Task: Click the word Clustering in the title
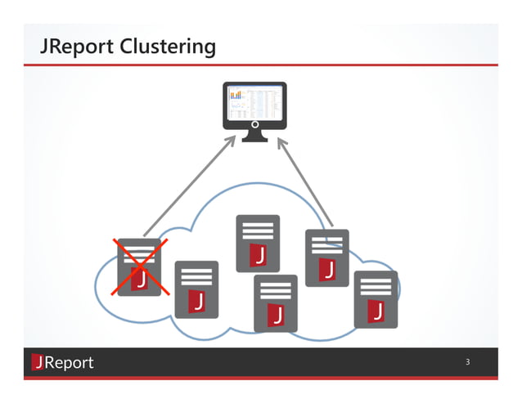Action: [168, 47]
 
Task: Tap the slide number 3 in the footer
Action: [467, 362]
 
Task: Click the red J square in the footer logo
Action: [38, 362]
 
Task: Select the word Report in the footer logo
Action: [70, 362]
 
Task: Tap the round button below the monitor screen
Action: [254, 125]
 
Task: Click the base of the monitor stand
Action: [254, 137]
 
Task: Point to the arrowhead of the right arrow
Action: [281, 142]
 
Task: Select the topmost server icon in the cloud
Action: [258, 243]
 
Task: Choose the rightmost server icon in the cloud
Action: [376, 298]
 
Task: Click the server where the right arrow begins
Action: [326, 257]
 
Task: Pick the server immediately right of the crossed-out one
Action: [196, 289]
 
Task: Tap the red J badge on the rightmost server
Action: [376, 311]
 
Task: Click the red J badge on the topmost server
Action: [259, 255]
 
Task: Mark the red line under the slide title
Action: [261, 65]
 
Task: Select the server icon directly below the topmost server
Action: [276, 302]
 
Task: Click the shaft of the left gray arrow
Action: [188, 187]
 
